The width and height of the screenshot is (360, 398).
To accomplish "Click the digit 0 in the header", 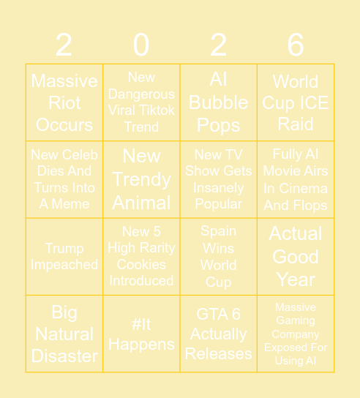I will tap(141, 45).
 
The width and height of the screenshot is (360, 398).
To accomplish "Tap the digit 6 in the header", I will tap(296, 45).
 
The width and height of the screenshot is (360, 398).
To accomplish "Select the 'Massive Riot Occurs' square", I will tap(64, 102).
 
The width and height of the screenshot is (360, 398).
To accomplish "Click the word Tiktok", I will tap(158, 110).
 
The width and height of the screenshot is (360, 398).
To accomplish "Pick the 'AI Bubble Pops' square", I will tap(218, 102).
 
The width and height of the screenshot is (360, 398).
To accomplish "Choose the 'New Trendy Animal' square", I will tap(141, 179).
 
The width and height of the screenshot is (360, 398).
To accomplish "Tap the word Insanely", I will tap(218, 187).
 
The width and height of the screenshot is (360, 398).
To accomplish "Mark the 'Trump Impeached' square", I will tap(64, 257).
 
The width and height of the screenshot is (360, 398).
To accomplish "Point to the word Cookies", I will tap(141, 264).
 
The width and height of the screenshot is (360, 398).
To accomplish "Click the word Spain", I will tap(218, 231).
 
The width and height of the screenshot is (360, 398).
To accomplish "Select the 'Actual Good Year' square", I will tap(296, 256).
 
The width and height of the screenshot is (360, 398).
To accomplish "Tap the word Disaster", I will tap(64, 356).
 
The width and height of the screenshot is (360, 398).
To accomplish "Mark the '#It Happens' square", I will tap(141, 334).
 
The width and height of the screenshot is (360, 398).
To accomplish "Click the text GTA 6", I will tap(218, 314).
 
